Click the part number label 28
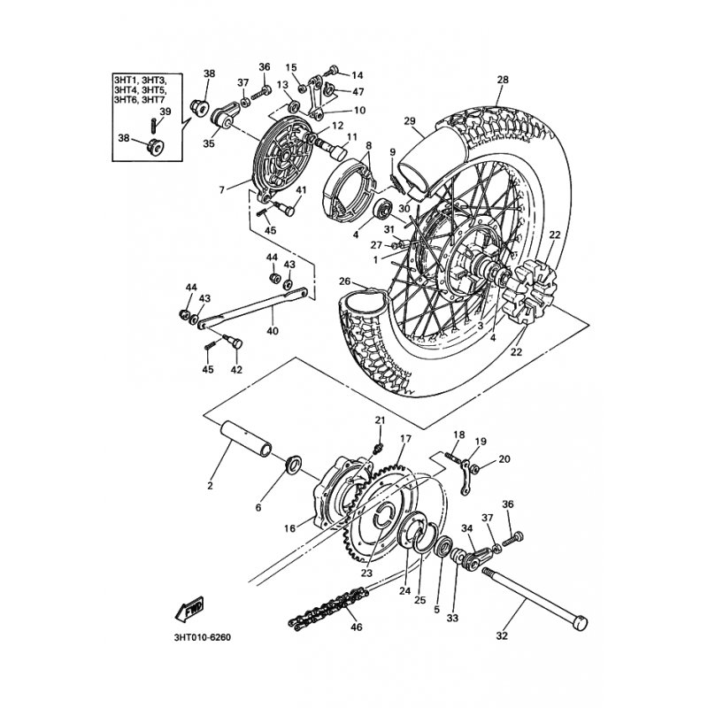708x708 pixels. [503, 81]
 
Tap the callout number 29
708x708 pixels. [410, 121]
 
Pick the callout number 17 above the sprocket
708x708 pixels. [404, 438]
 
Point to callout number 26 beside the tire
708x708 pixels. [345, 281]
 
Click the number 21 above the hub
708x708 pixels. [380, 419]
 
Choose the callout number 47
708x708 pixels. [358, 91]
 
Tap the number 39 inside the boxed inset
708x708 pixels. [165, 111]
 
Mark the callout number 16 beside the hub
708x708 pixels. [289, 528]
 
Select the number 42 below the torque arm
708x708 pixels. [212, 370]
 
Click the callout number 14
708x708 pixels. [358, 74]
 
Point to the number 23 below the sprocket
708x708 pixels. [366, 573]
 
